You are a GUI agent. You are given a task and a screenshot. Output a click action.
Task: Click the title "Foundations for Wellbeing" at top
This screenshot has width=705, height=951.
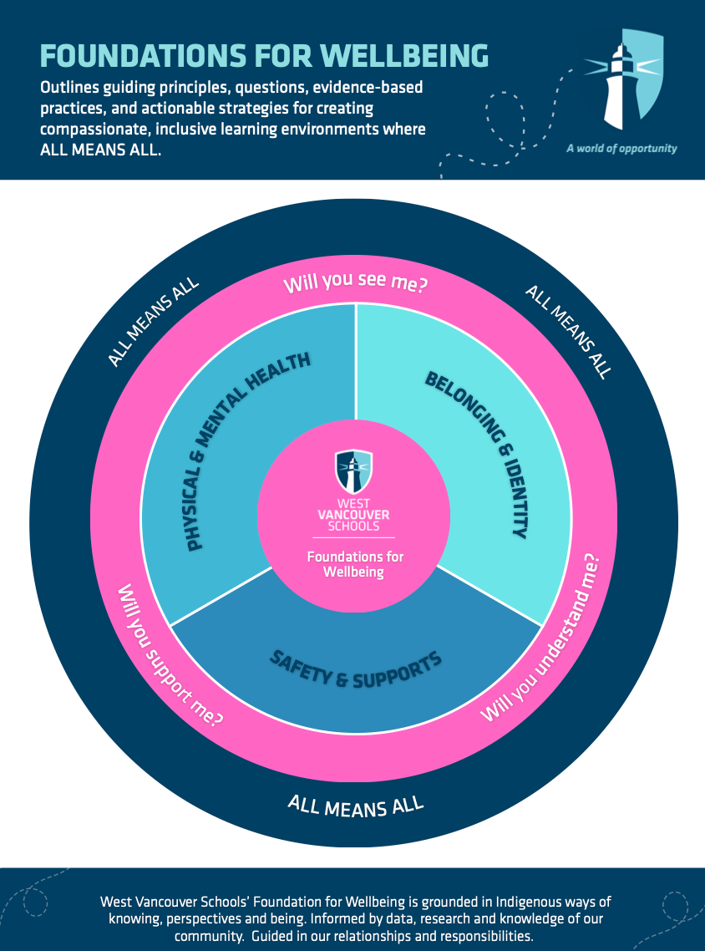coord(264,55)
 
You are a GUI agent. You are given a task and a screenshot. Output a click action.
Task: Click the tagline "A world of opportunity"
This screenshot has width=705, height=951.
coord(621,149)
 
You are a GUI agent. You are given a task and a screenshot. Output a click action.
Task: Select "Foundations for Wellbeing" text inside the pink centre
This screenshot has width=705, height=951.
coord(354,564)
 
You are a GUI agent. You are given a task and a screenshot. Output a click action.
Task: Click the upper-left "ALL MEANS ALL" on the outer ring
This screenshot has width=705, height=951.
coord(154,321)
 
